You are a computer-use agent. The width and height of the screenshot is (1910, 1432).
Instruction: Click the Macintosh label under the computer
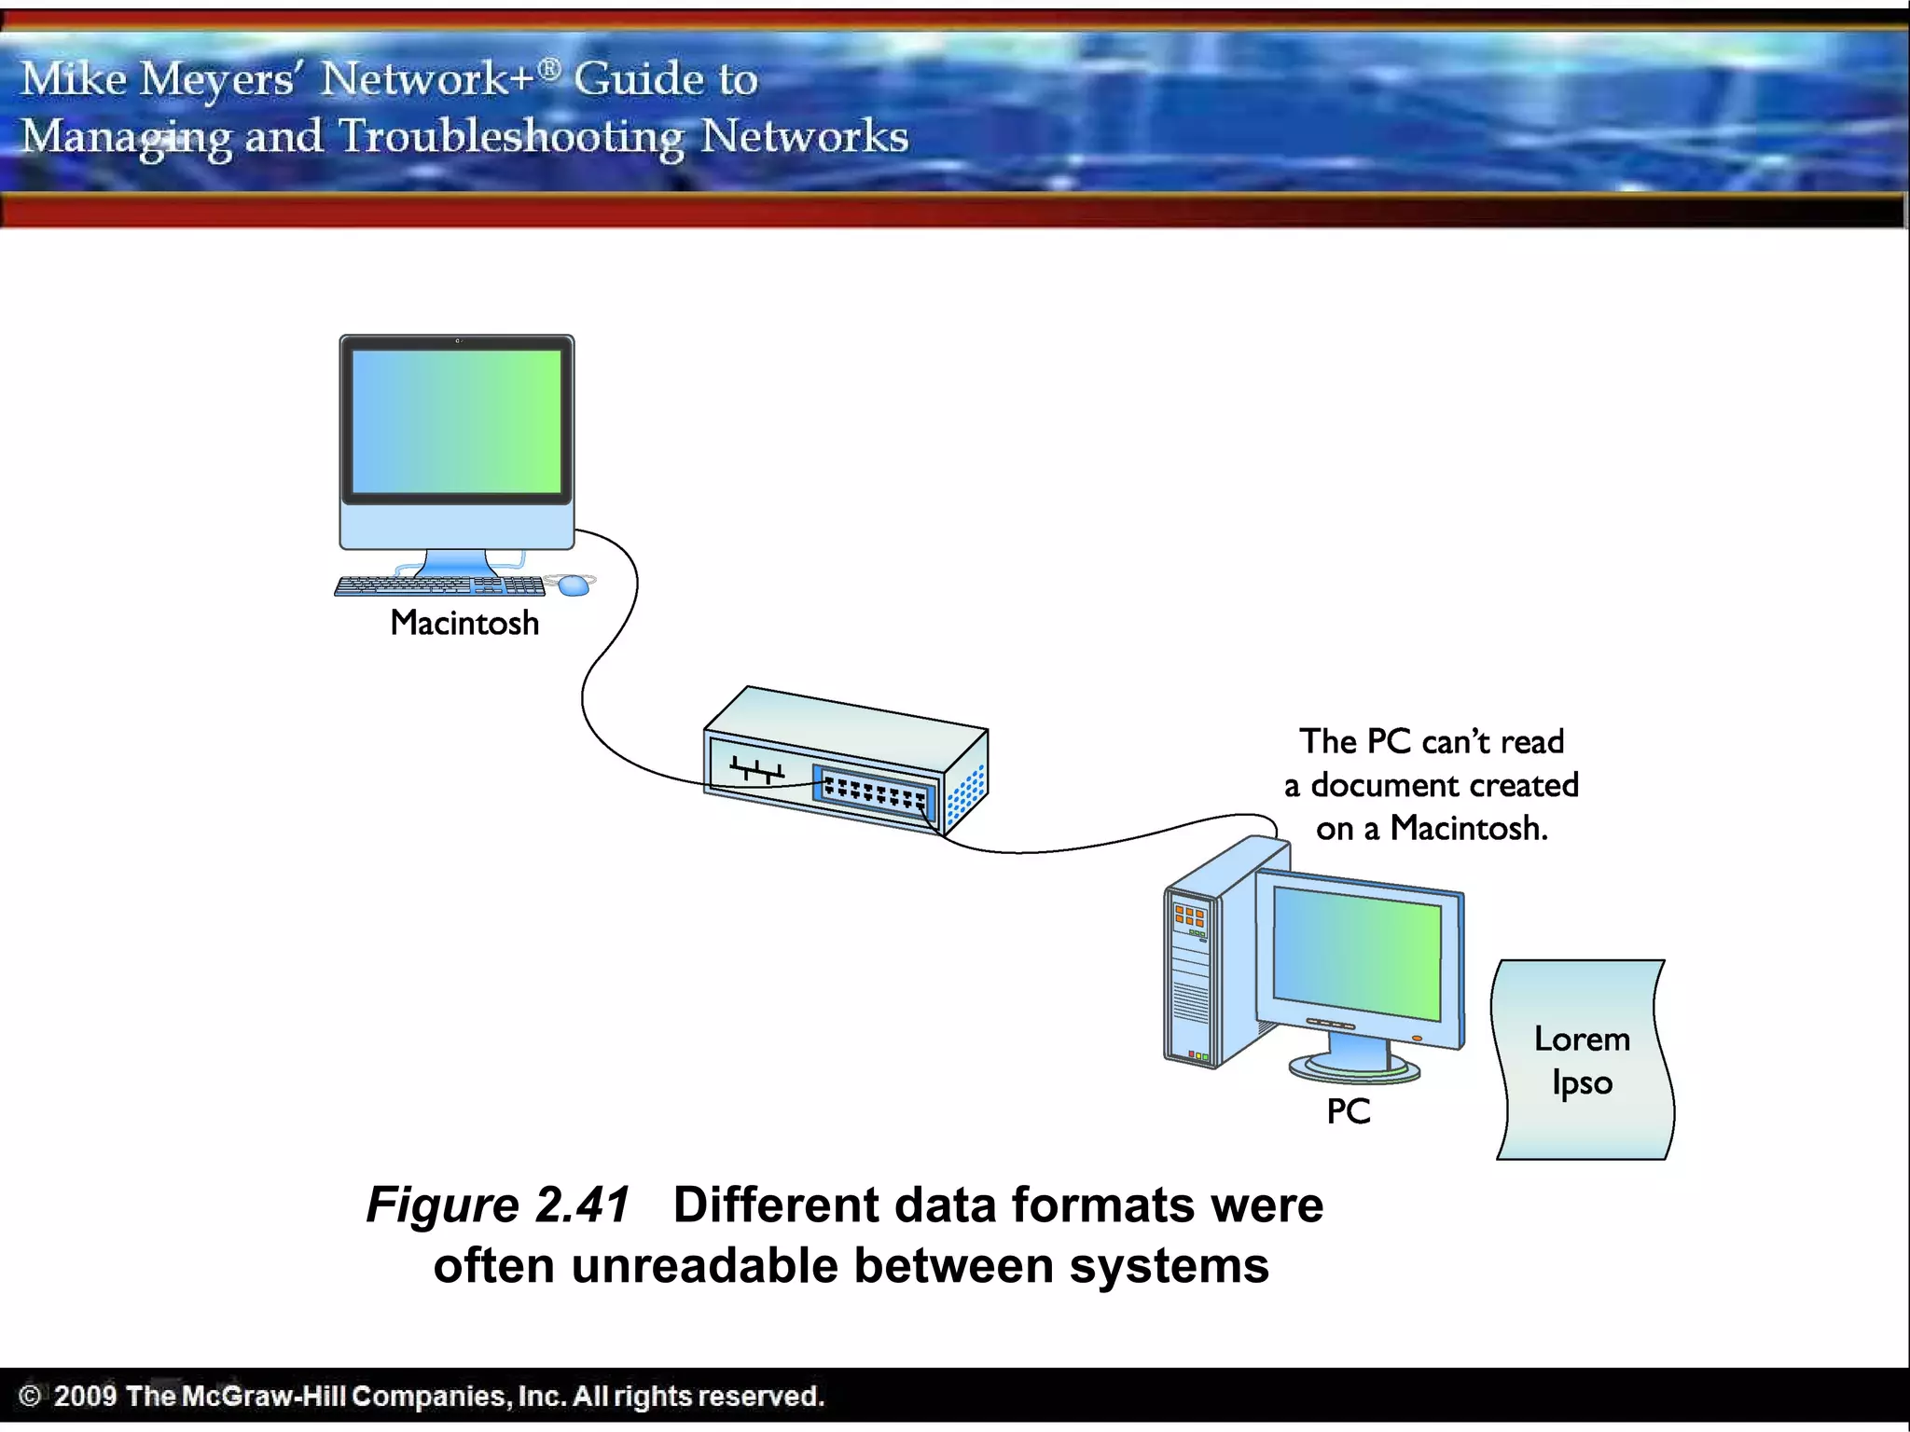pos(464,623)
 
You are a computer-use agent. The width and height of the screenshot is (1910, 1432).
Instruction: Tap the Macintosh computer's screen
pos(457,421)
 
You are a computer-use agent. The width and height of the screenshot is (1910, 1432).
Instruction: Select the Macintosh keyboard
pos(439,585)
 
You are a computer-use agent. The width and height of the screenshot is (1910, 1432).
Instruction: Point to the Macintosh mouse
pos(574,585)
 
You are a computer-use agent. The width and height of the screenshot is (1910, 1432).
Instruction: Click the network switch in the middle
pos(844,760)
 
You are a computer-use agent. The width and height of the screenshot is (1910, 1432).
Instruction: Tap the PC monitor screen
pos(1357,951)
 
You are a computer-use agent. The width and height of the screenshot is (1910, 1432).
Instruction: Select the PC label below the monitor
pos(1349,1111)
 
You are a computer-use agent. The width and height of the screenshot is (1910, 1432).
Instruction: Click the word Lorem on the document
pos(1582,1040)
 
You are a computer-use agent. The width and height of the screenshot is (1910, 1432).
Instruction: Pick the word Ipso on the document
pos(1582,1083)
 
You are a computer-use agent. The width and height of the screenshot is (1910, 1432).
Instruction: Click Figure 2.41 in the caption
pos(498,1205)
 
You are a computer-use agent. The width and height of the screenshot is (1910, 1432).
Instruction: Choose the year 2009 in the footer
pos(85,1396)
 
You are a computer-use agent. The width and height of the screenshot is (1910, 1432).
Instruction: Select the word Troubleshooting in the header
pos(511,137)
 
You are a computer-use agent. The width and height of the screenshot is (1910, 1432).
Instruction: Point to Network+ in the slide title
pos(429,78)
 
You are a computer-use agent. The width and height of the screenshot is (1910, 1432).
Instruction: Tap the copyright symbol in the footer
pos(30,1396)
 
